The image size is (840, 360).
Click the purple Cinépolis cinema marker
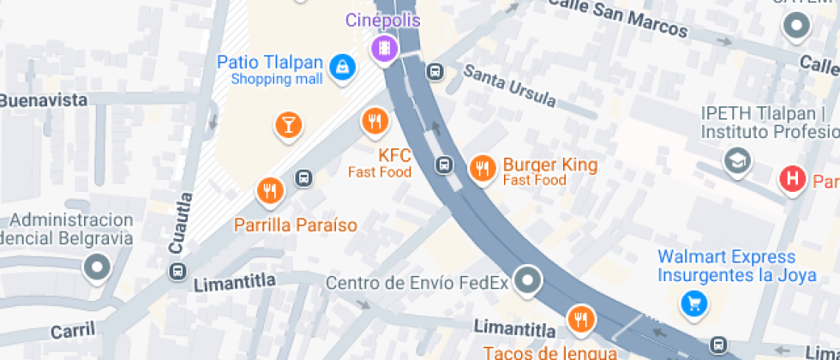point(386,47)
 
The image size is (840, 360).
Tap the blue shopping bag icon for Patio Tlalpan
point(343,66)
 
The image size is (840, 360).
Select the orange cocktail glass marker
point(289,124)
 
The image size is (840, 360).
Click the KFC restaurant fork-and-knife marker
point(374,121)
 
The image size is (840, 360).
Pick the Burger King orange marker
point(483,168)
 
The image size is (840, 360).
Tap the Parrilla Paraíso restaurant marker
point(270,190)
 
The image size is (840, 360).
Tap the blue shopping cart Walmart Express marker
point(693,303)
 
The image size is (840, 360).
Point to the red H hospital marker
point(793,178)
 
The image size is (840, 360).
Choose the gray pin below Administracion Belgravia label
point(96,267)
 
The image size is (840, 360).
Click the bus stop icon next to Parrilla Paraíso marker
point(303,178)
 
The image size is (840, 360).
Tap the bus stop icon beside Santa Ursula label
point(435,71)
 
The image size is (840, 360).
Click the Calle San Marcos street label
point(617,17)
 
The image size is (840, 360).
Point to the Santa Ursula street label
point(509,85)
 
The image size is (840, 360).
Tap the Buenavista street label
point(43,100)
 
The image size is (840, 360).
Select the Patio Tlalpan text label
point(270,63)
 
